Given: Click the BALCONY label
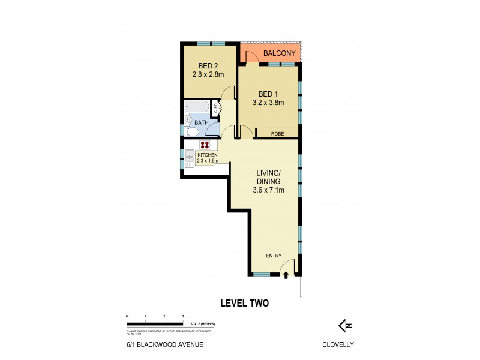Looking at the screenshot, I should point(278,54).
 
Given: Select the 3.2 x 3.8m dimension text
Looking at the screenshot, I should point(268,103).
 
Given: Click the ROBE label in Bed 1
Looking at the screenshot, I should point(277,133).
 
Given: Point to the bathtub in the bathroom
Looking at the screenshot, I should point(196,107).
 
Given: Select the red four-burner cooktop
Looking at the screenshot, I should point(204,145).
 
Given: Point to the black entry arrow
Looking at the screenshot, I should point(286,276).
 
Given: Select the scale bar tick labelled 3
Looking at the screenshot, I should point(182,316).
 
